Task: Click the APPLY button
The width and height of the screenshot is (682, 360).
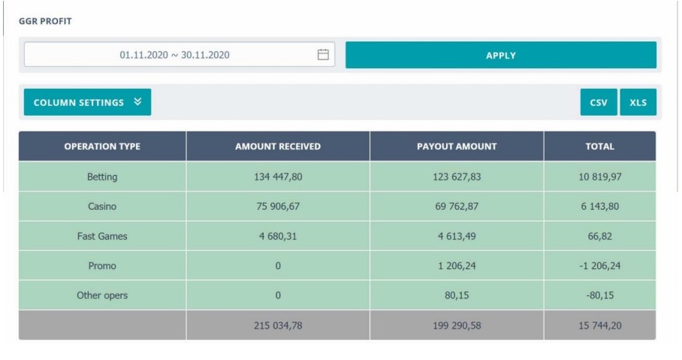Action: (x=500, y=55)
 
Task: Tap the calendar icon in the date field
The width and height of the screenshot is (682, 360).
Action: (x=323, y=55)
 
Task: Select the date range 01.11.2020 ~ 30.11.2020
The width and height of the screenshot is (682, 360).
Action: (x=174, y=55)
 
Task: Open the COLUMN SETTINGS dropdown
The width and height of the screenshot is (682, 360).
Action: (x=87, y=102)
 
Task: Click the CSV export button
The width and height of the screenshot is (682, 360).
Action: (x=599, y=102)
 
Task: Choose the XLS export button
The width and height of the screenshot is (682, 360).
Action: (x=638, y=102)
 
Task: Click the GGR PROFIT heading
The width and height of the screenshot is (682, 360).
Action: (x=45, y=21)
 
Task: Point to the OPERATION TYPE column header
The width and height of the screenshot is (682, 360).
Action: (x=102, y=147)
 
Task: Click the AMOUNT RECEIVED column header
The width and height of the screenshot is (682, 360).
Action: (x=278, y=147)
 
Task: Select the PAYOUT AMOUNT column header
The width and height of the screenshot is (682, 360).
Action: (x=457, y=147)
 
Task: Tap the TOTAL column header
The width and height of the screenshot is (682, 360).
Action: (x=599, y=147)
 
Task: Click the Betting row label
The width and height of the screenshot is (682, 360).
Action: (x=102, y=177)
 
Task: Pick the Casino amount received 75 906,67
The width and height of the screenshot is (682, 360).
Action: (x=278, y=206)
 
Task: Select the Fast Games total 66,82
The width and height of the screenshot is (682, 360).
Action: (x=599, y=236)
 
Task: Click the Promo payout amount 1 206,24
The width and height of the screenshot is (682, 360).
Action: (x=457, y=265)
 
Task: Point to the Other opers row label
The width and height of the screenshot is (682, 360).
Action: (x=102, y=295)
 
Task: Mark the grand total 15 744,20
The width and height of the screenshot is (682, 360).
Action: (x=599, y=325)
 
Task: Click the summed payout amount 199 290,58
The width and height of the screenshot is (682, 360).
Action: (x=457, y=325)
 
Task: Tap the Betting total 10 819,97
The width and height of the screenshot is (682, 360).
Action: (x=599, y=177)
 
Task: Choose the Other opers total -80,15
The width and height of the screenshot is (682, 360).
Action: (x=599, y=295)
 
